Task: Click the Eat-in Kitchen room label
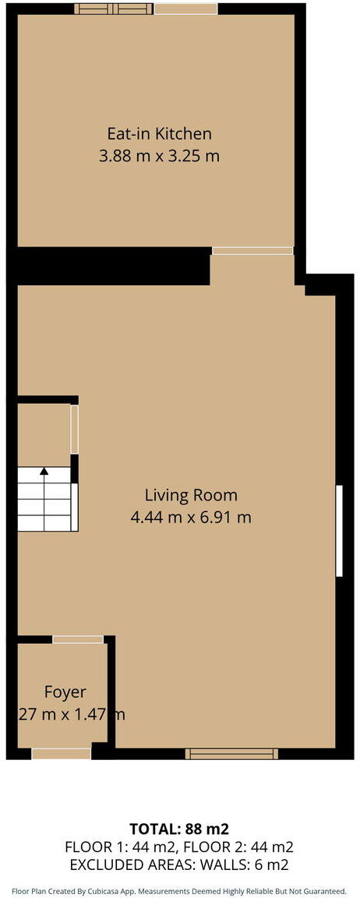click(x=159, y=133)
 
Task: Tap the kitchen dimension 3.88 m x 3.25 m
click(x=159, y=156)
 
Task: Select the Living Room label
click(x=191, y=494)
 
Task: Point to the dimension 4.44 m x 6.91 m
click(x=191, y=517)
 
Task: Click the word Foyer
click(x=65, y=691)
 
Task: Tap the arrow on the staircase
click(x=44, y=472)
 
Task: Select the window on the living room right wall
click(x=339, y=531)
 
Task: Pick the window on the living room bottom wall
click(x=231, y=753)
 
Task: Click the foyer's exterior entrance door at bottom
click(x=61, y=753)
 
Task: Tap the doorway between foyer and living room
click(x=78, y=639)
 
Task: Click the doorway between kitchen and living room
click(x=253, y=251)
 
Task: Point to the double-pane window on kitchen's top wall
click(x=114, y=9)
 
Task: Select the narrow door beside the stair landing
click(x=74, y=429)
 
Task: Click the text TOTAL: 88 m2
click(x=179, y=829)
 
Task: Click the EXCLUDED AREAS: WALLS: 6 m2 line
click(x=179, y=864)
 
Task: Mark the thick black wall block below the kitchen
click(x=113, y=266)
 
